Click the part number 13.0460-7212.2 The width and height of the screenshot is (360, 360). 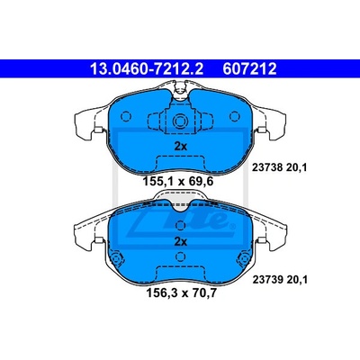(147, 69)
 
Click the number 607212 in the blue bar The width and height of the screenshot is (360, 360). (249, 69)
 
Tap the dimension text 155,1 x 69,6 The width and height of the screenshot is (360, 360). (178, 182)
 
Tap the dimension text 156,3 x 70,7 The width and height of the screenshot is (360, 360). (181, 292)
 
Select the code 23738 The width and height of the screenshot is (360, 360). (267, 167)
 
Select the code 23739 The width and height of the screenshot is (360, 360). (267, 280)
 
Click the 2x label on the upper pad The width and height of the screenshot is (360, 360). (181, 147)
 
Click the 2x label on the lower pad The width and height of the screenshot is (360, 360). (181, 241)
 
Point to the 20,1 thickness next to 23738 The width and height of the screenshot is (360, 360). (296, 167)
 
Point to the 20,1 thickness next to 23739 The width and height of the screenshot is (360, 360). (297, 280)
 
